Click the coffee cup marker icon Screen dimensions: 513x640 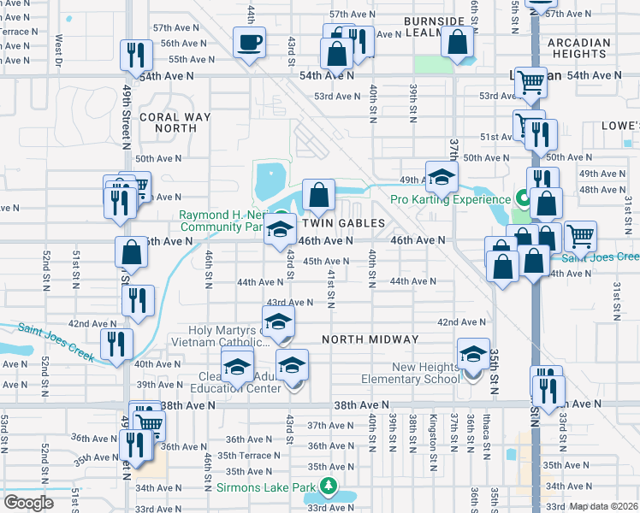250,43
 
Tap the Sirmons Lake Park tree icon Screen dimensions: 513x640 329,486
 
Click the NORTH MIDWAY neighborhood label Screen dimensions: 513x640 370,339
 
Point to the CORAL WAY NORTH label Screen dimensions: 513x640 169,122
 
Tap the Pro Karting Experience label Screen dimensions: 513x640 450,199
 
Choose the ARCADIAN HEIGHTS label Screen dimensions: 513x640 579,48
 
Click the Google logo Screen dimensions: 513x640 28,503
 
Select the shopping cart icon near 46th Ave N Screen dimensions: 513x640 580,235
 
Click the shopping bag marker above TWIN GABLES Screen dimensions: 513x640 318,195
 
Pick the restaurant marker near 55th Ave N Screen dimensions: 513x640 136,56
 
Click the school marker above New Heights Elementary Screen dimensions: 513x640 473,353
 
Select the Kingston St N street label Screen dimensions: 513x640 434,432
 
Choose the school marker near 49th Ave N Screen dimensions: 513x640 441,177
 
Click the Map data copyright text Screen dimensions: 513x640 603,506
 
